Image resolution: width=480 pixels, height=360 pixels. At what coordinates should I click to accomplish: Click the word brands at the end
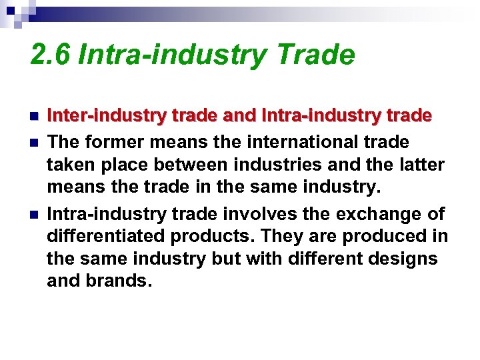(117, 279)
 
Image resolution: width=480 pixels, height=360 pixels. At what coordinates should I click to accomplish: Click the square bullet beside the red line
(34, 117)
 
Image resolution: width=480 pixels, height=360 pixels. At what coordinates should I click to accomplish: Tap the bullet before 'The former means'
(34, 143)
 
